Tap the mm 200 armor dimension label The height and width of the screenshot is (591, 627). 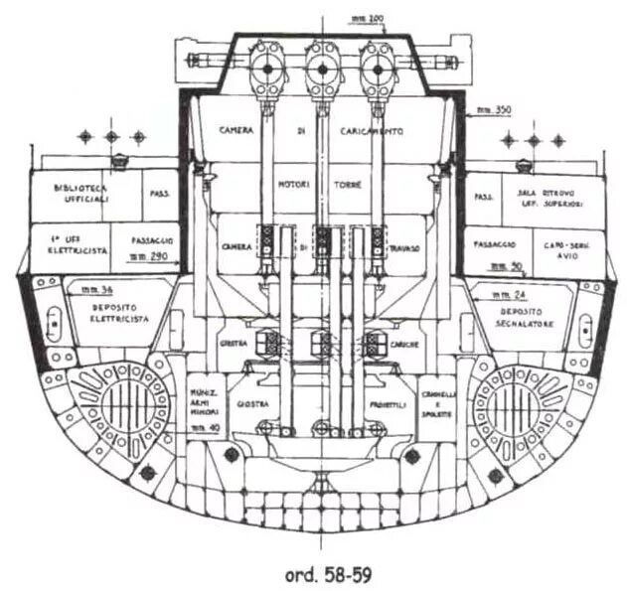(365, 19)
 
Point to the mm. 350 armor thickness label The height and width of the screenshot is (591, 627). (490, 109)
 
